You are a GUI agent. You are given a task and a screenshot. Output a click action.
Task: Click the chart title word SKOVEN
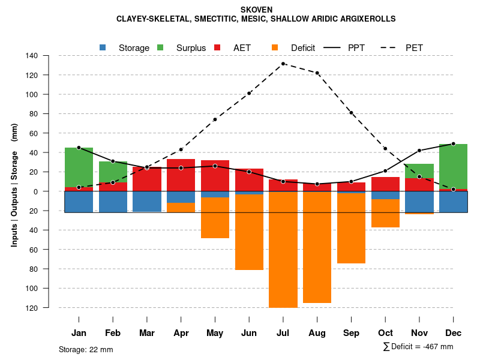click(x=256, y=10)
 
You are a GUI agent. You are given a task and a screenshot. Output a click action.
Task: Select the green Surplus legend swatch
click(x=160, y=47)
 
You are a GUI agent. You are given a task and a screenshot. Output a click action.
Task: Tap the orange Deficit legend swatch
click(x=275, y=47)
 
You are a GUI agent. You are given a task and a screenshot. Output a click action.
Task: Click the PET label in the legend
click(x=414, y=47)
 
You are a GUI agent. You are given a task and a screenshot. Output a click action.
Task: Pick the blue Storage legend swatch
click(x=103, y=47)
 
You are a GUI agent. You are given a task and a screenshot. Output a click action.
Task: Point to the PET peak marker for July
click(x=283, y=64)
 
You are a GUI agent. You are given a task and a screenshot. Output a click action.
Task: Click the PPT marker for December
click(x=453, y=144)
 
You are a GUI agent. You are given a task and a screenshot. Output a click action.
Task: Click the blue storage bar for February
click(x=113, y=202)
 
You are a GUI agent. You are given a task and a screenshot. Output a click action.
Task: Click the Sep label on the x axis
click(x=352, y=333)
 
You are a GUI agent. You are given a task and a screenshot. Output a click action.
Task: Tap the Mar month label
click(x=147, y=333)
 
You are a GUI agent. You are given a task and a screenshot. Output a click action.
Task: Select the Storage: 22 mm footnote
click(x=86, y=349)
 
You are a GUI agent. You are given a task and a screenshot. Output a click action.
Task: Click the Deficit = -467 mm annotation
click(x=418, y=346)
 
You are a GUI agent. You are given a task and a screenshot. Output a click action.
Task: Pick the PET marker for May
click(x=215, y=119)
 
